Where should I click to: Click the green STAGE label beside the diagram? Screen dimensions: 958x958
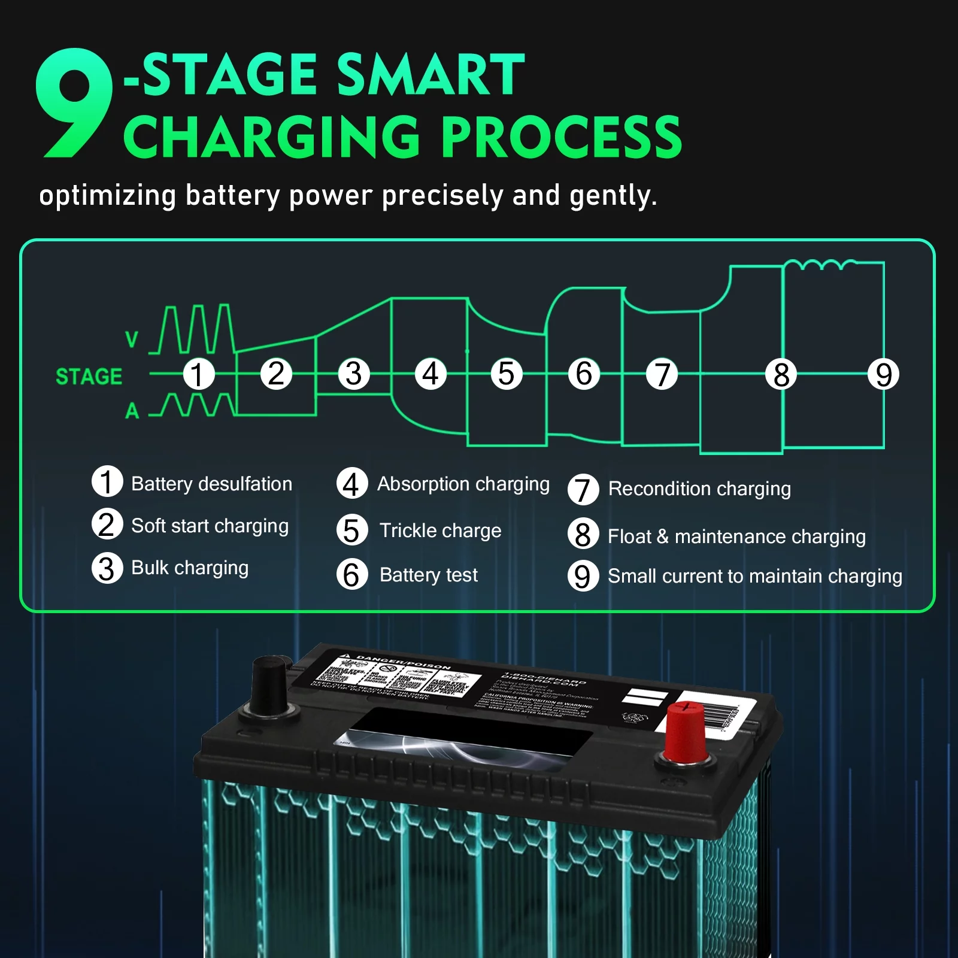[89, 377]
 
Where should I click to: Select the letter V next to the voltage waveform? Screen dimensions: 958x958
[132, 339]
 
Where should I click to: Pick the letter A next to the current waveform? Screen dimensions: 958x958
[132, 411]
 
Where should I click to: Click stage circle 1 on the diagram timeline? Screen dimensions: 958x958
[198, 374]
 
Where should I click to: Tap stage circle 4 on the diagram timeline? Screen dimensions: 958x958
[431, 374]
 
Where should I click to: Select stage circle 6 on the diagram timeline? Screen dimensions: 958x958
[584, 374]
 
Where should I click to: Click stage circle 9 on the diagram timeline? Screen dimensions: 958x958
[883, 375]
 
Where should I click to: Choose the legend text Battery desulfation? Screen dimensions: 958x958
[211, 484]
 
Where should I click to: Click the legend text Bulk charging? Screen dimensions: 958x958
[190, 568]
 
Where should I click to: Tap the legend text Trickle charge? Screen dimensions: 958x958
[440, 530]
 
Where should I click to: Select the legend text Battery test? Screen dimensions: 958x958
[429, 575]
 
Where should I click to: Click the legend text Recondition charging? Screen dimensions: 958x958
[699, 489]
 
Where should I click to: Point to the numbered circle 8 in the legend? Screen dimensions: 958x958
[583, 535]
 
